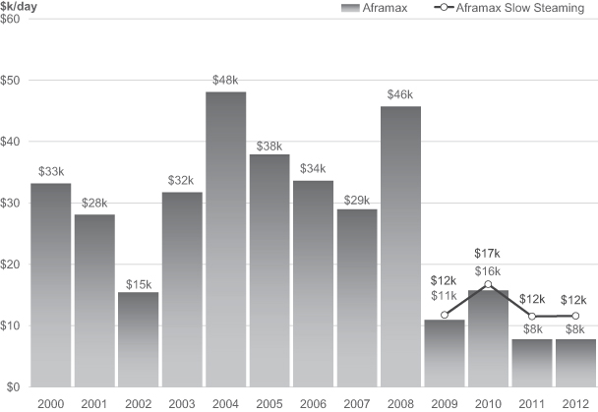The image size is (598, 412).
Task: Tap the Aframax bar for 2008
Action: (400, 246)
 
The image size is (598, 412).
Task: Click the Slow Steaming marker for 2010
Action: (488, 284)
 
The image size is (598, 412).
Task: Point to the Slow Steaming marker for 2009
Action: (445, 315)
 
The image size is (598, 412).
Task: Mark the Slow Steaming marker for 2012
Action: (574, 316)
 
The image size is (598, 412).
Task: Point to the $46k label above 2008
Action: (400, 95)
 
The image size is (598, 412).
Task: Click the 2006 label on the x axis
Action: (313, 403)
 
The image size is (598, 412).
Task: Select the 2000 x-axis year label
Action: (51, 403)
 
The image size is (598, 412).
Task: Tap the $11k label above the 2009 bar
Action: (445, 296)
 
